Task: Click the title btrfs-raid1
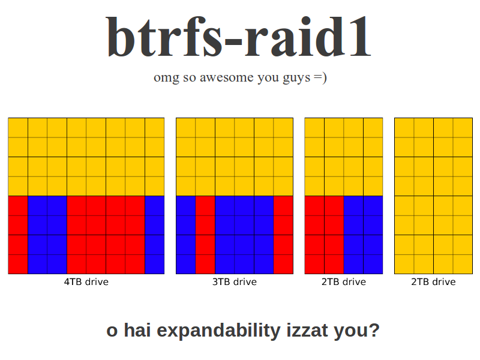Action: click(239, 37)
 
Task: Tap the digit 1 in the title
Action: click(359, 37)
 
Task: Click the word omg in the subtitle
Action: click(166, 78)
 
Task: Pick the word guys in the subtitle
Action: click(296, 78)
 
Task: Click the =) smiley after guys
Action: click(320, 77)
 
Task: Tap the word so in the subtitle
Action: click(190, 78)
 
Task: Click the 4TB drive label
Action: click(86, 281)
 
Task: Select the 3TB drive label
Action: click(235, 281)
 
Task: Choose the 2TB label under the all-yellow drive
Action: click(433, 281)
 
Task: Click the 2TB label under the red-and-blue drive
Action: click(343, 281)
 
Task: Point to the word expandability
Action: click(218, 331)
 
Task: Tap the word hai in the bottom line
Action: click(137, 331)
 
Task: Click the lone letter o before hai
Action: click(112, 332)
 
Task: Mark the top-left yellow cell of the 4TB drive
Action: click(18, 128)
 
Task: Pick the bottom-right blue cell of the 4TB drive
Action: click(155, 264)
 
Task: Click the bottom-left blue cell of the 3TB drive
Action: click(186, 264)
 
